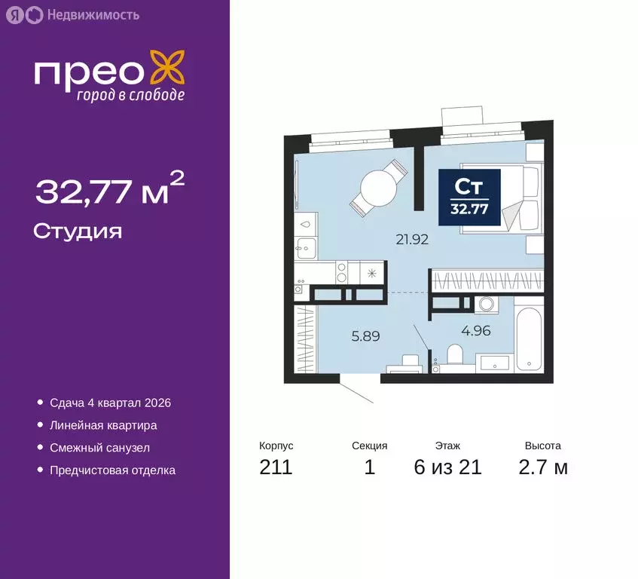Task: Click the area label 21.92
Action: [x=412, y=240]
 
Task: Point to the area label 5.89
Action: [x=365, y=337]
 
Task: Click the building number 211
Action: [x=276, y=467]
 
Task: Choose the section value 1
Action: [x=369, y=467]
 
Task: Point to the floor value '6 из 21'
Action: [x=447, y=467]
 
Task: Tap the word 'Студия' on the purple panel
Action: [x=78, y=231]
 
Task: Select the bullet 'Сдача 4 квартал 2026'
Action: [x=110, y=403]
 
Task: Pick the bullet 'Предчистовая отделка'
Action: [x=112, y=470]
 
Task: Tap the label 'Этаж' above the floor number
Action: [x=447, y=446]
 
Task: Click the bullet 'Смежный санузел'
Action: [x=99, y=448]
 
